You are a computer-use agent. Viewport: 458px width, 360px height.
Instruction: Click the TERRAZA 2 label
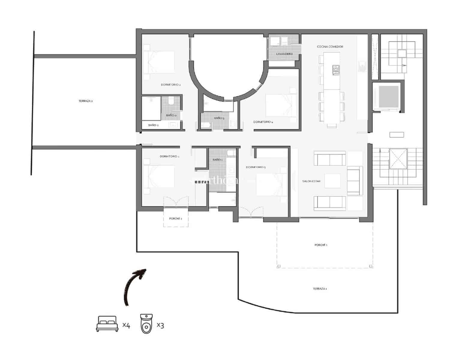click(x=85, y=101)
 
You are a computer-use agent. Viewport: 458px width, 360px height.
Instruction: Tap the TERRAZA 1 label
click(x=320, y=289)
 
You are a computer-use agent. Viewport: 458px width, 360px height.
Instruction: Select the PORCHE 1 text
click(x=321, y=245)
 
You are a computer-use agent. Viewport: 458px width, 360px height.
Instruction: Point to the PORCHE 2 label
click(x=175, y=219)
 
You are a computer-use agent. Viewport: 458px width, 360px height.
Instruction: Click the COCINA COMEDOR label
click(x=330, y=47)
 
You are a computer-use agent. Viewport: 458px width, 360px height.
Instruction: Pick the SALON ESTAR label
click(x=311, y=181)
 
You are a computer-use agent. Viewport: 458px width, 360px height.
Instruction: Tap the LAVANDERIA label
click(x=284, y=54)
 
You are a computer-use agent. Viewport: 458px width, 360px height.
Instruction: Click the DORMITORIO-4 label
click(x=263, y=122)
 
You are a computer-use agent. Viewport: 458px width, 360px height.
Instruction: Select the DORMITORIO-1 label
click(x=169, y=157)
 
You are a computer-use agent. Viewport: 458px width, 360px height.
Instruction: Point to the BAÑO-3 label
click(x=219, y=118)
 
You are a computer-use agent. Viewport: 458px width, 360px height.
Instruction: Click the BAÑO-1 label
click(x=217, y=160)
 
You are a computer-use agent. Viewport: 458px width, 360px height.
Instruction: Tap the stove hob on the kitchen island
click(x=336, y=70)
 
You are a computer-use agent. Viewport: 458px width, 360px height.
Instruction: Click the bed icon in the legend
click(x=107, y=324)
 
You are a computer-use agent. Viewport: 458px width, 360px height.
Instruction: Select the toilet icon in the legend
click(x=147, y=324)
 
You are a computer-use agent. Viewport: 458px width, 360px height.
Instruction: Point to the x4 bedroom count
click(x=126, y=325)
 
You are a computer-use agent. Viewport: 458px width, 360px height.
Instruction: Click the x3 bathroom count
click(x=160, y=325)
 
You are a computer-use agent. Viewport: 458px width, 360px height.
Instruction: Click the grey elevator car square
click(x=389, y=97)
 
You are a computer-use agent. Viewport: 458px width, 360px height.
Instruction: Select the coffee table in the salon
click(x=332, y=181)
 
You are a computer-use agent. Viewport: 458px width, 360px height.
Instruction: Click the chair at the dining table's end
click(x=331, y=126)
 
